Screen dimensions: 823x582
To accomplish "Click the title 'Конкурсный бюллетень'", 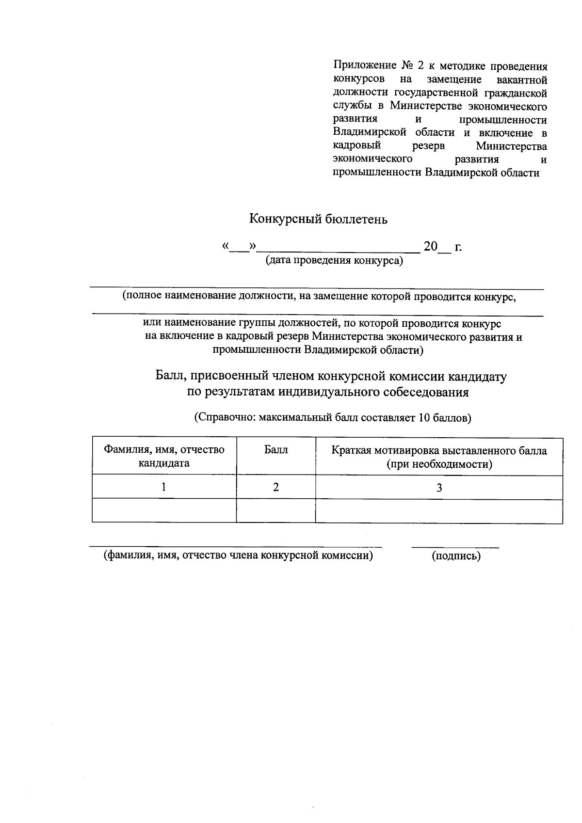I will (318, 219).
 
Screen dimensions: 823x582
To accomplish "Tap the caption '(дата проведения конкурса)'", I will (334, 261).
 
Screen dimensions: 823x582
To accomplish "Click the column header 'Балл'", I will (275, 450).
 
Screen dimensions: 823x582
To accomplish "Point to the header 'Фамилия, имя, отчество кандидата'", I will (164, 456).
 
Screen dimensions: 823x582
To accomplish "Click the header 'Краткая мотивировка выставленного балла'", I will (439, 457).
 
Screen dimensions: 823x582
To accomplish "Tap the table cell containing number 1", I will (164, 487).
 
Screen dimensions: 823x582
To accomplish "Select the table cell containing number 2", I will (275, 487).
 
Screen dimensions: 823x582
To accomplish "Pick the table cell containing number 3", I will (439, 488).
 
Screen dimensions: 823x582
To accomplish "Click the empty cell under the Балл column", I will (275, 510).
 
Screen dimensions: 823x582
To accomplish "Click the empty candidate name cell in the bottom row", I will (164, 510).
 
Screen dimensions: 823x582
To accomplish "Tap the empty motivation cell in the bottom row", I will (439, 511).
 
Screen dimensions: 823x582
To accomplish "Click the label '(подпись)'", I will (456, 556).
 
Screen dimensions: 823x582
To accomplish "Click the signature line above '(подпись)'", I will (455, 547).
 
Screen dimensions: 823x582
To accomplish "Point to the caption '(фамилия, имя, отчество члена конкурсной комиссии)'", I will (238, 555).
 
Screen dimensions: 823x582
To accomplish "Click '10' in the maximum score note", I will (422, 418).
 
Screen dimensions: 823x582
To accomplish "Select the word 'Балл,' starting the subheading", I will (169, 376).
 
